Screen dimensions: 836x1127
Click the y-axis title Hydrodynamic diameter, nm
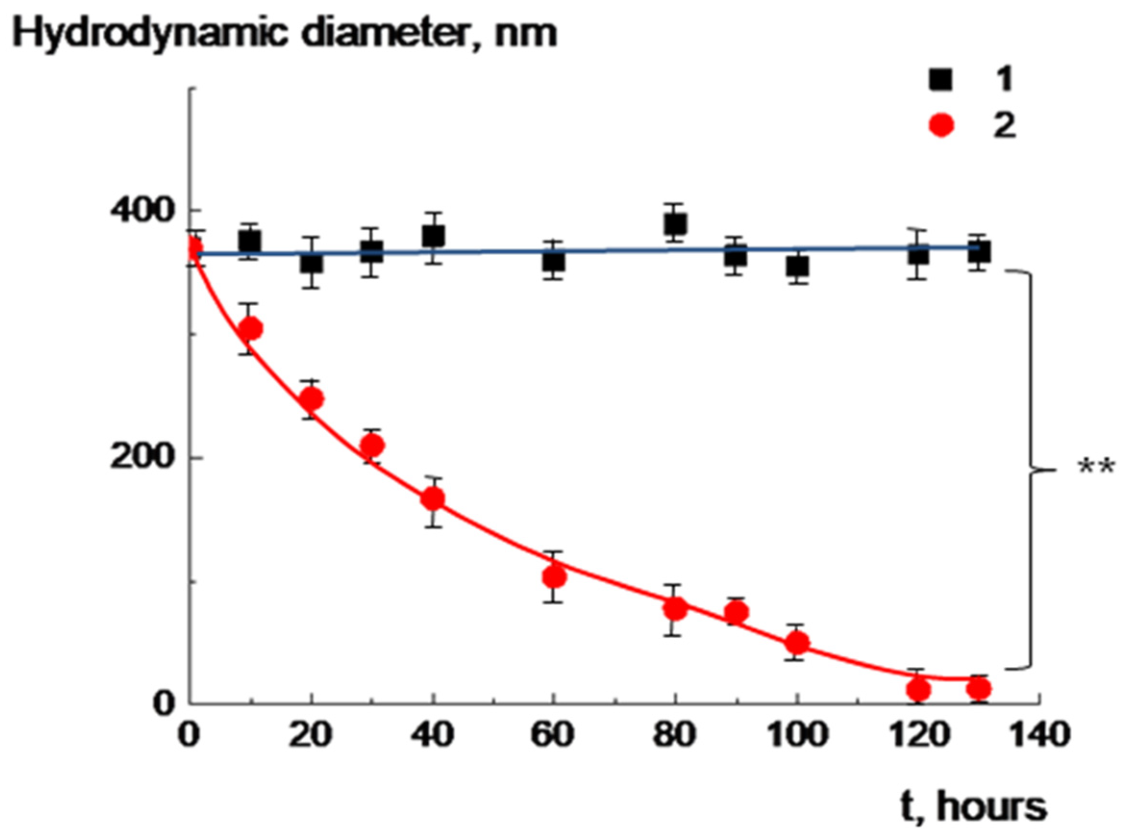[x=285, y=34]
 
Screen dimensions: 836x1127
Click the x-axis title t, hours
[x=973, y=807]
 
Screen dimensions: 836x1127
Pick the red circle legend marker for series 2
[x=941, y=125]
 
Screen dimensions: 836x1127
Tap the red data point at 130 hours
[x=979, y=688]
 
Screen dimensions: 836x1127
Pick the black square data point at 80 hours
[x=675, y=223]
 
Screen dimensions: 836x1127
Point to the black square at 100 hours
[x=797, y=267]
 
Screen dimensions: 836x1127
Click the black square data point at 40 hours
[x=433, y=236]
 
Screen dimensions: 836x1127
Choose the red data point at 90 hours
[x=736, y=613]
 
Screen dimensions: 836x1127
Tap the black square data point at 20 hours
[x=311, y=262]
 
